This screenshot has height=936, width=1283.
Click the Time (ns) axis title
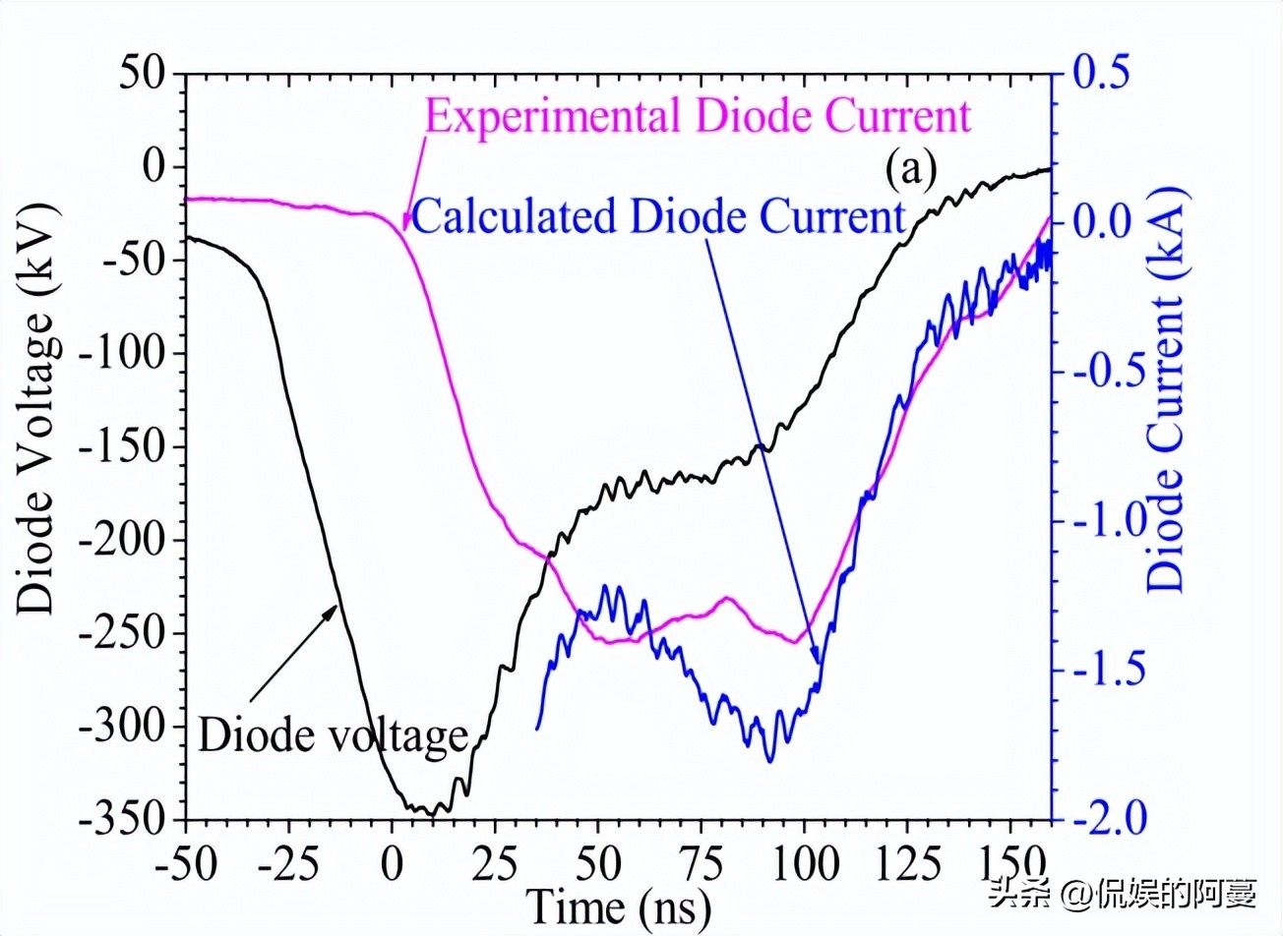(619, 907)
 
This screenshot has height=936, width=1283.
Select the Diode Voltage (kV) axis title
(37, 409)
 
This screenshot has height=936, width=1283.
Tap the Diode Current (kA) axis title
(1166, 388)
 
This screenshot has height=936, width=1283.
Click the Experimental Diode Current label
(698, 116)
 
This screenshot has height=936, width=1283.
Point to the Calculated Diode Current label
(657, 216)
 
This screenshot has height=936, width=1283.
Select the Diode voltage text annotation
(333, 734)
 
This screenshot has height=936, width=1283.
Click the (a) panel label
(910, 169)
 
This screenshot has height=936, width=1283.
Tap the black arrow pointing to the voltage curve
(293, 653)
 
